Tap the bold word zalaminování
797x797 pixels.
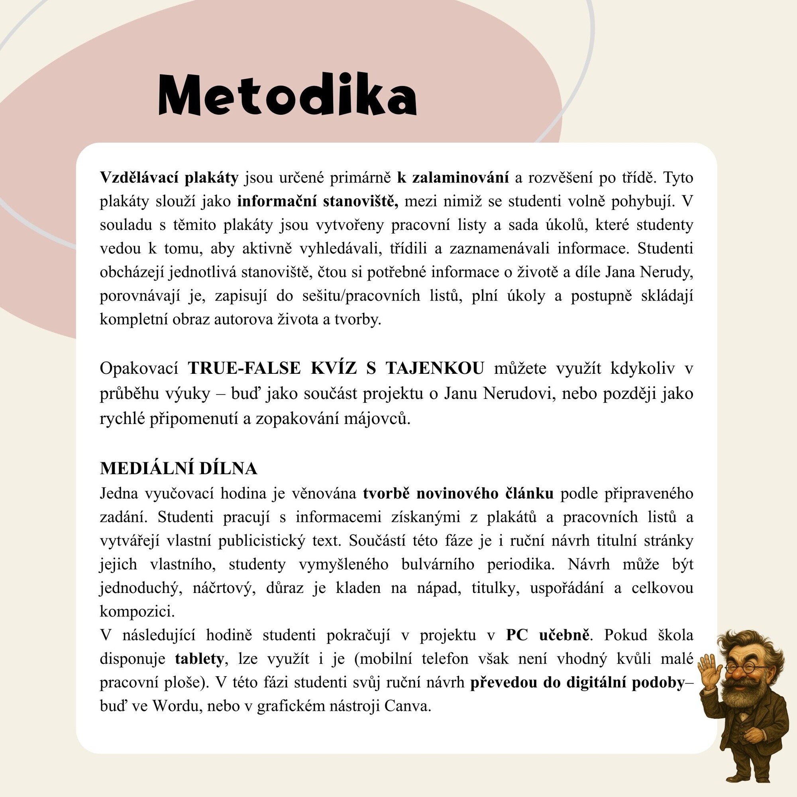point(460,177)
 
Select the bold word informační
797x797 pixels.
point(278,201)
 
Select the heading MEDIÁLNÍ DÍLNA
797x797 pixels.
point(178,468)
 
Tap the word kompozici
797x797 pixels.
point(137,611)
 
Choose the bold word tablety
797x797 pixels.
point(199,658)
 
